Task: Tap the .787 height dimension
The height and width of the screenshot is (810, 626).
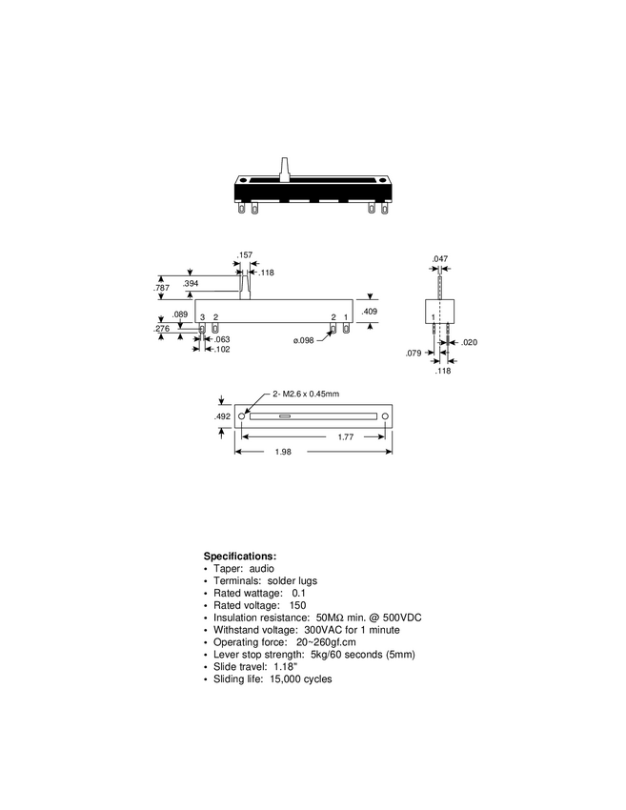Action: point(162,286)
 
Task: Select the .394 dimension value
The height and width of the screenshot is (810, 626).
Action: point(192,283)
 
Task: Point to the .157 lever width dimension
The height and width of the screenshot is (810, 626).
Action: point(245,255)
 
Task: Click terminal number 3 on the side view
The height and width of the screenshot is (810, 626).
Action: point(202,316)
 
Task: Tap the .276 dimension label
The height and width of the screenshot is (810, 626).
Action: point(162,329)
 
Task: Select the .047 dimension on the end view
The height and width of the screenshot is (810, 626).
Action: point(439,259)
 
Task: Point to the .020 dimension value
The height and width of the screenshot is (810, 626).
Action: point(469,341)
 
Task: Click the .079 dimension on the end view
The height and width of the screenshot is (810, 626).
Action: point(414,354)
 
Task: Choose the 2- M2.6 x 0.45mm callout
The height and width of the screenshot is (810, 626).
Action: point(307,393)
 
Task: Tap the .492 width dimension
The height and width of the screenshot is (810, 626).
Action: point(221,415)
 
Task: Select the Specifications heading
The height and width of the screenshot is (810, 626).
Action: point(240,556)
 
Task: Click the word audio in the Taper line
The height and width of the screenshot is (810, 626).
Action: point(262,568)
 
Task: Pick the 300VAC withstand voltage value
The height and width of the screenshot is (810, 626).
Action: point(324,630)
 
